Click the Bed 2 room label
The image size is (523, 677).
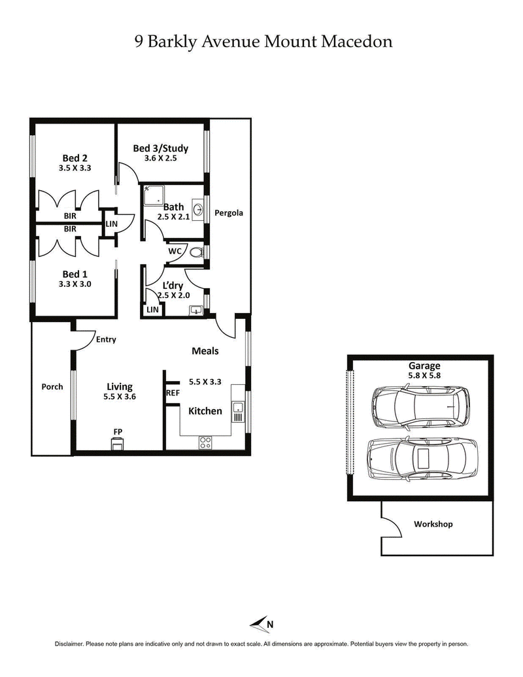75,157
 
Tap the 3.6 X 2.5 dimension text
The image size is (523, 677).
160,157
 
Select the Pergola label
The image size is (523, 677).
229,212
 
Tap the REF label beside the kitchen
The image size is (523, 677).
173,393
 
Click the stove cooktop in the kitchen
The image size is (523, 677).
205,441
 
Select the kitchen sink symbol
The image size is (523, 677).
239,412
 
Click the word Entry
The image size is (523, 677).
106,340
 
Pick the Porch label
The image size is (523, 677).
52,386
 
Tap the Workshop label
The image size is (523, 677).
433,524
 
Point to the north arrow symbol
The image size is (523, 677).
261,623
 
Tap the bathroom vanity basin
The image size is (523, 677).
198,212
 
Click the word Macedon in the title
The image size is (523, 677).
358,42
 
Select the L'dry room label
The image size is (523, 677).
173,285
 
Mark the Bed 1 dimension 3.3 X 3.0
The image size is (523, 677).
75,284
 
